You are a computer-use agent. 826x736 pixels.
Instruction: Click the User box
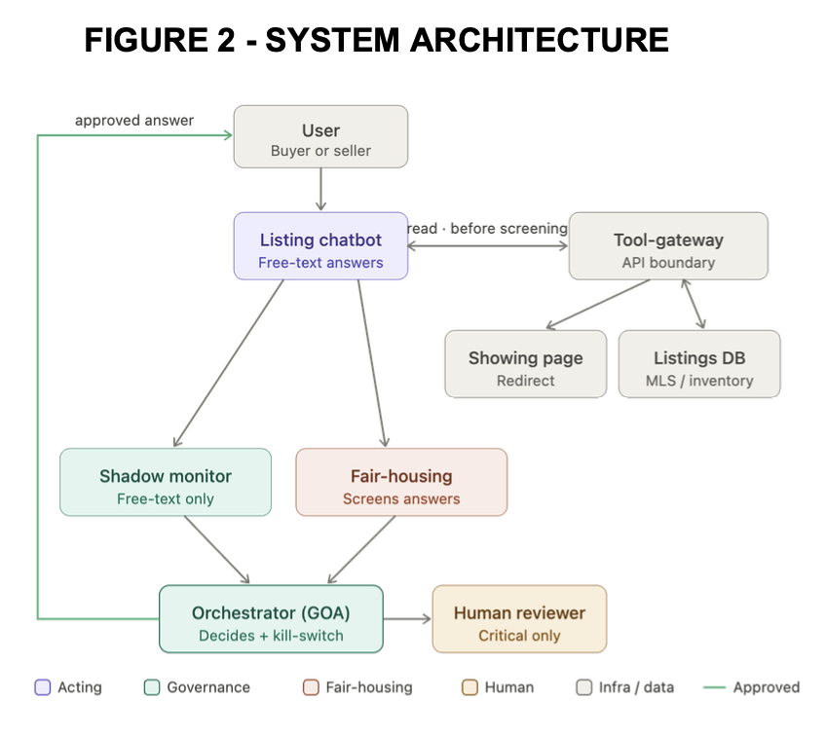click(x=320, y=137)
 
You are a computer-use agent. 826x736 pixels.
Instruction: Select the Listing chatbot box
click(x=320, y=246)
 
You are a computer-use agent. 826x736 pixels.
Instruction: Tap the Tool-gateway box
click(x=668, y=246)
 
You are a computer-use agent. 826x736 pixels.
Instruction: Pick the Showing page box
click(x=526, y=364)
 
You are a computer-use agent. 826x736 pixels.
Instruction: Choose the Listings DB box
click(x=699, y=364)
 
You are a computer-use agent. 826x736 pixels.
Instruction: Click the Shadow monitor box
click(x=166, y=482)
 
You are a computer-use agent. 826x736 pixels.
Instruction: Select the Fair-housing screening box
click(x=401, y=482)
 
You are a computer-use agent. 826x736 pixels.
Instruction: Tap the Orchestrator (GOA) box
click(x=272, y=619)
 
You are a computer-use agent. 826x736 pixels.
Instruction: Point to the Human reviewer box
click(x=519, y=619)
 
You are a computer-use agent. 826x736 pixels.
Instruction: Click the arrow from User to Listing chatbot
click(x=320, y=190)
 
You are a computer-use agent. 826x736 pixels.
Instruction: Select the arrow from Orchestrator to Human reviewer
click(x=408, y=619)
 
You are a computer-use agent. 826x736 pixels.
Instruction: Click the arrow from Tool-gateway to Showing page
click(x=598, y=305)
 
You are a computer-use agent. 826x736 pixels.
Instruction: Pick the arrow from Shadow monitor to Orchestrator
click(x=216, y=550)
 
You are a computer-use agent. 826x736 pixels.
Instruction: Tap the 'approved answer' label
click(x=134, y=121)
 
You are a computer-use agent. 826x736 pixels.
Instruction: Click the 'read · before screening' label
click(x=487, y=229)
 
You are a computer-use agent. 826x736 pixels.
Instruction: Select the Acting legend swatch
click(x=43, y=687)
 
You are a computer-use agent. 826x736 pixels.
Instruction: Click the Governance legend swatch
click(x=152, y=687)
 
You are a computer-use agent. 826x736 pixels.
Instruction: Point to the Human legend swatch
click(x=469, y=687)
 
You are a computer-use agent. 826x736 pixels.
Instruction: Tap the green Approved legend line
click(x=714, y=687)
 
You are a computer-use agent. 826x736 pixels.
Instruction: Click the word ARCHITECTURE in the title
click(x=540, y=40)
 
